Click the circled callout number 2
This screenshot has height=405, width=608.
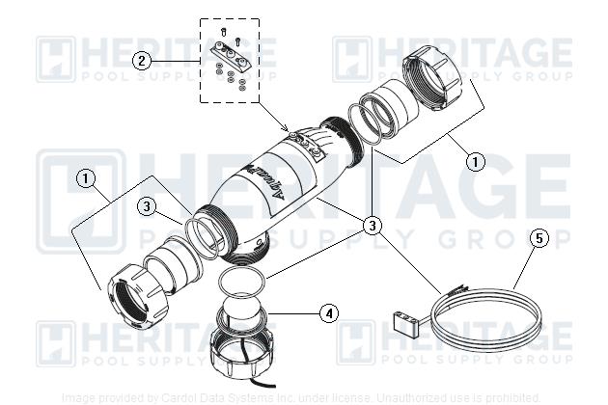tap(142, 61)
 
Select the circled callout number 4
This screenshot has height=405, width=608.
tap(330, 313)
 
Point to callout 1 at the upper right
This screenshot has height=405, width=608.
tap(475, 162)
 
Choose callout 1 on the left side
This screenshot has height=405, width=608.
tap(86, 178)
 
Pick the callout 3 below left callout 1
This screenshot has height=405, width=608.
tap(145, 205)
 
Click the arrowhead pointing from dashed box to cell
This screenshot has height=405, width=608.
tap(287, 127)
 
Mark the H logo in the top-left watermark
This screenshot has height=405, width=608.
tap(56, 58)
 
